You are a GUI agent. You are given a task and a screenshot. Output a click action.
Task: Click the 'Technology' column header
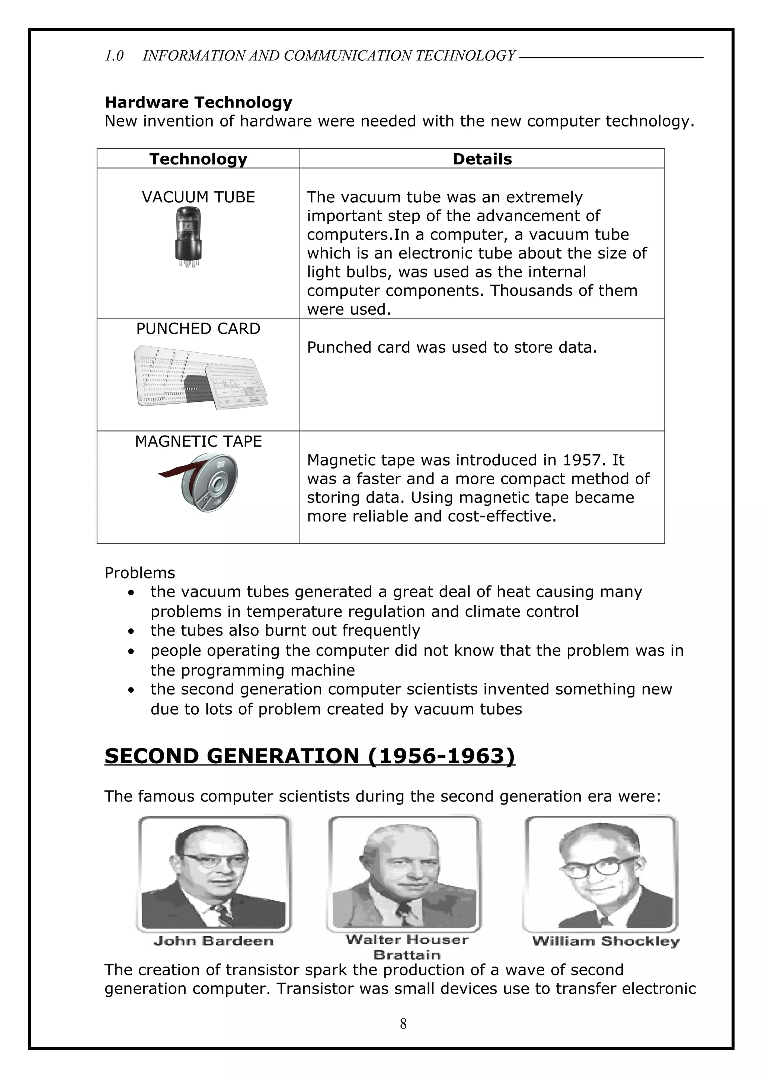pyautogui.click(x=198, y=159)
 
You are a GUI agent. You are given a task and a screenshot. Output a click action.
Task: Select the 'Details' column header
pyautogui.click(x=482, y=159)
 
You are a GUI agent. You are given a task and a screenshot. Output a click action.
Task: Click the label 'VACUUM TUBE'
pyautogui.click(x=198, y=197)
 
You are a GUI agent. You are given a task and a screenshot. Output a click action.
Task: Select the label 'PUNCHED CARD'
pyautogui.click(x=198, y=329)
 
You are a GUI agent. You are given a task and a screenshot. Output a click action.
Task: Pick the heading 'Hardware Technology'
pyautogui.click(x=198, y=102)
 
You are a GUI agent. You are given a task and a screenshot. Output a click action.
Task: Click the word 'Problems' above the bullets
pyautogui.click(x=140, y=573)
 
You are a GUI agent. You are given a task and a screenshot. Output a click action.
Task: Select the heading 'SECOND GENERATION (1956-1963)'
pyautogui.click(x=310, y=756)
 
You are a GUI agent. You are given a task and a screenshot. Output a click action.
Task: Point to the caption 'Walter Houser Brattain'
pyautogui.click(x=407, y=947)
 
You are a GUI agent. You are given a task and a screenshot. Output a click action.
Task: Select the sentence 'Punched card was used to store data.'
pyautogui.click(x=452, y=347)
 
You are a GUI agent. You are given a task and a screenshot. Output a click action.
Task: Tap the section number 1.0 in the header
pyautogui.click(x=114, y=56)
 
